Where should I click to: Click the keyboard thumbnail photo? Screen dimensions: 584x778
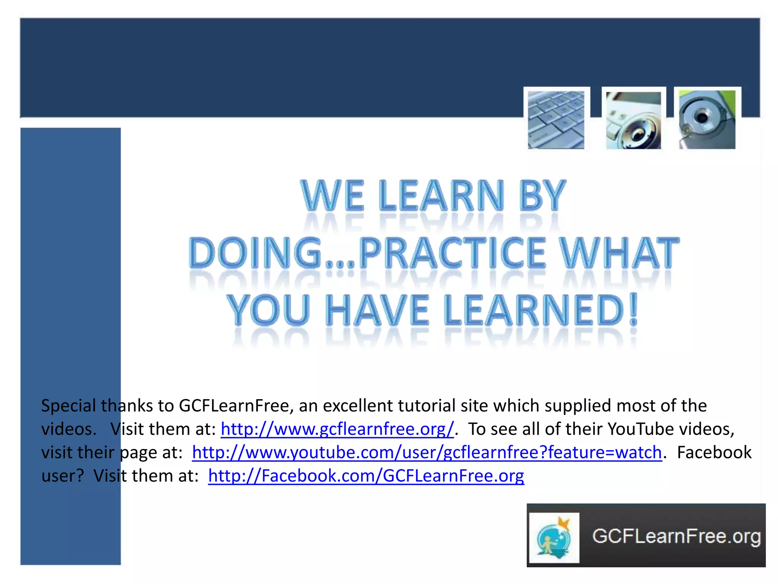556,120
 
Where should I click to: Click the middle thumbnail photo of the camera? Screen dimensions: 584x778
633,120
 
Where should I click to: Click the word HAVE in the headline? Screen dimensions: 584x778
378,310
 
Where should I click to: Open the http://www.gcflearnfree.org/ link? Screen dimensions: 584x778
337,429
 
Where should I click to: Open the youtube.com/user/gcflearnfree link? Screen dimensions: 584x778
427,452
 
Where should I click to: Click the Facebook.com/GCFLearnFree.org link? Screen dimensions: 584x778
366,476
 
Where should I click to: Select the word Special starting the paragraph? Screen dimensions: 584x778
68,406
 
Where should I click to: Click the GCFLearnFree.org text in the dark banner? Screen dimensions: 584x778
676,536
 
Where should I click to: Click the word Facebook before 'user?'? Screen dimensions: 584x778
714,452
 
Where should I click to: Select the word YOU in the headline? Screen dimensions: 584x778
268,310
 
